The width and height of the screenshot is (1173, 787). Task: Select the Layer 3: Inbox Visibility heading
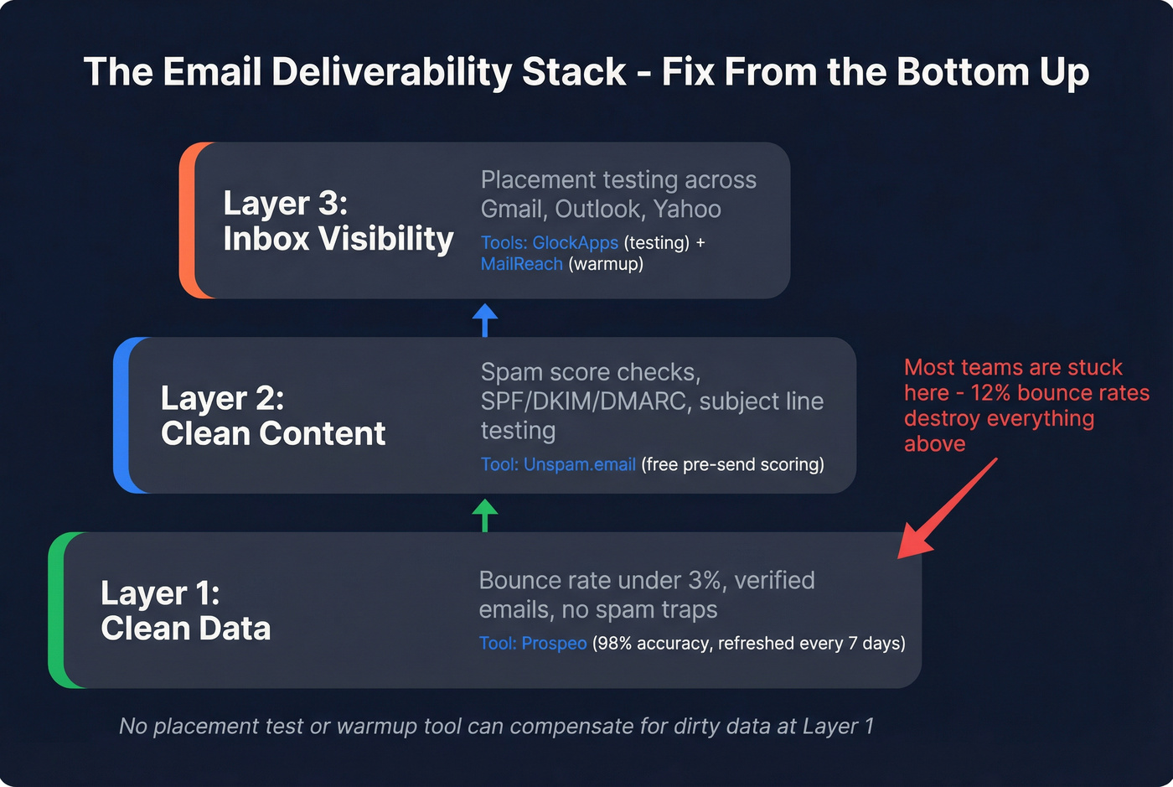point(338,221)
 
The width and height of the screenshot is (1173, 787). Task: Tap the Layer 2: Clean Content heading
point(272,416)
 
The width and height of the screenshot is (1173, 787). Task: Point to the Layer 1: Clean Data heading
point(185,611)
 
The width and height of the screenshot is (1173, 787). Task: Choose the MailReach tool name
point(521,264)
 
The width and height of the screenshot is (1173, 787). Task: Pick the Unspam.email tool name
point(579,464)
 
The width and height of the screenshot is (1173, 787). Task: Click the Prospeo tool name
point(554,644)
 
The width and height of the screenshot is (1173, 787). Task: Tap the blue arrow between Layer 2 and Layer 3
point(485,318)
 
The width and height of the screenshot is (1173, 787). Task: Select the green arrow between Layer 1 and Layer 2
point(485,513)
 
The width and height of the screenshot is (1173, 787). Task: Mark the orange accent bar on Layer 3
point(188,220)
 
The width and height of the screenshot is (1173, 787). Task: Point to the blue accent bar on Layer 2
point(122,416)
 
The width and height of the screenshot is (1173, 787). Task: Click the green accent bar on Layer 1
point(57,610)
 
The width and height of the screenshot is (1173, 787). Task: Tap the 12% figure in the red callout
point(990,393)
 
